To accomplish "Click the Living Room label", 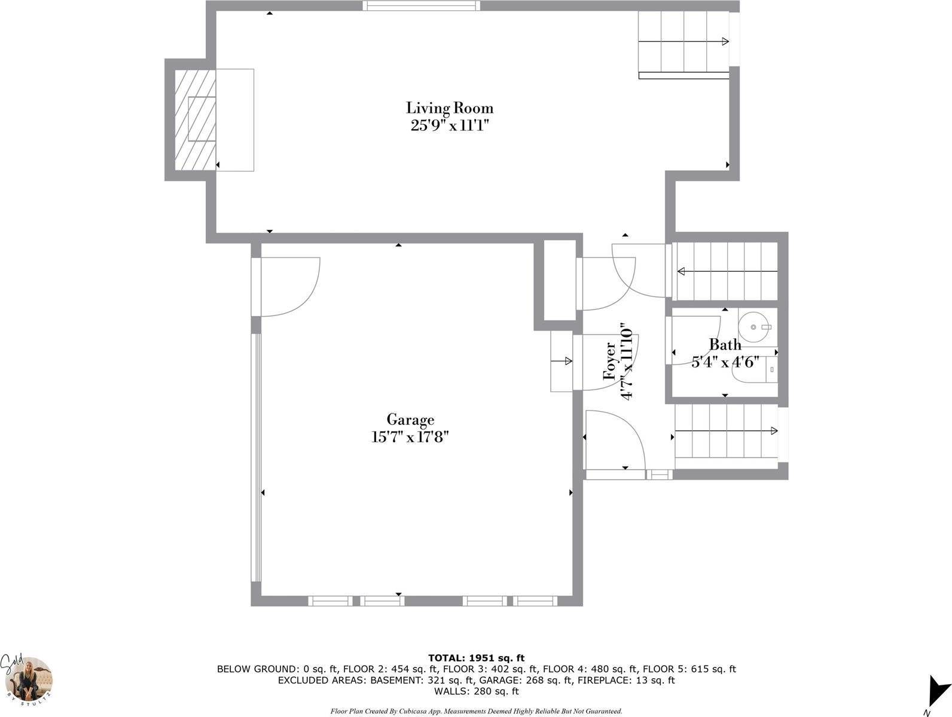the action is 449,108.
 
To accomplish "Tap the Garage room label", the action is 410,419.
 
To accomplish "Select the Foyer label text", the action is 610,361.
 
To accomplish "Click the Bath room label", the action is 725,345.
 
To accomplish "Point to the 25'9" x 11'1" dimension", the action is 450,125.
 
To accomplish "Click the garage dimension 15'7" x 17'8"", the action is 410,437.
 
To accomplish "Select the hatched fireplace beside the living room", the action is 195,119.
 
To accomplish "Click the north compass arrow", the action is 937,692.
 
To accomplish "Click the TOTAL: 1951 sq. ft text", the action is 476,658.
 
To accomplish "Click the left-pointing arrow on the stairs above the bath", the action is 727,272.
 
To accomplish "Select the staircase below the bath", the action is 726,431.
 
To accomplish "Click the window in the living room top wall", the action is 421,5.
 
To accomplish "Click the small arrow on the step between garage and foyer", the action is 562,361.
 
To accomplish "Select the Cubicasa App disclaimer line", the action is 476,711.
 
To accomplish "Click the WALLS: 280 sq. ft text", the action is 476,691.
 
